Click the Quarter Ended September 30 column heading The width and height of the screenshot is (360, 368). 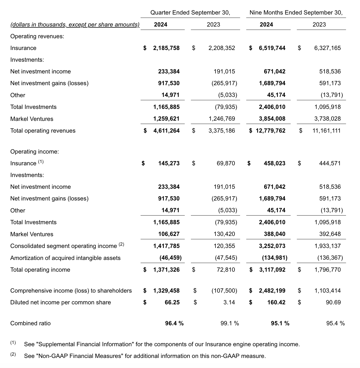click(190, 13)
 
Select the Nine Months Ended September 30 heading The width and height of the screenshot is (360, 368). click(296, 13)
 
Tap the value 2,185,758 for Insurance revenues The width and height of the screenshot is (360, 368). click(166, 48)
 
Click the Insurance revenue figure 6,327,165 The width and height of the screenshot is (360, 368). click(327, 48)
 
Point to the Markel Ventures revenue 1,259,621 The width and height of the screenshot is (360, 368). click(166, 119)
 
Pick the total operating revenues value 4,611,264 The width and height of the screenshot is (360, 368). click(166, 131)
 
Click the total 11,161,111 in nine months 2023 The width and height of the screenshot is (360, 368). click(326, 131)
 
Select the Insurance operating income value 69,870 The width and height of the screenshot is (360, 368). click(226, 163)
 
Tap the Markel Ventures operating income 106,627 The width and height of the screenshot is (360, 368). click(169, 234)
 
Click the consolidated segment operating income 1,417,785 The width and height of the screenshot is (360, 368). click(166, 246)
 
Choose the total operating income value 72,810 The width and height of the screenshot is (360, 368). click(226, 270)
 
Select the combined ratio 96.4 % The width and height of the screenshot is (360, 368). click(174, 323)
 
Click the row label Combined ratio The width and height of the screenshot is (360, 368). click(30, 323)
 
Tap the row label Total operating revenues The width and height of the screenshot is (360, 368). click(43, 131)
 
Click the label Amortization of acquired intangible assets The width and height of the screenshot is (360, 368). click(65, 258)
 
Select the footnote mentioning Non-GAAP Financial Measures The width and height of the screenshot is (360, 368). click(145, 356)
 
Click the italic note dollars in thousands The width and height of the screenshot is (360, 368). click(75, 25)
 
